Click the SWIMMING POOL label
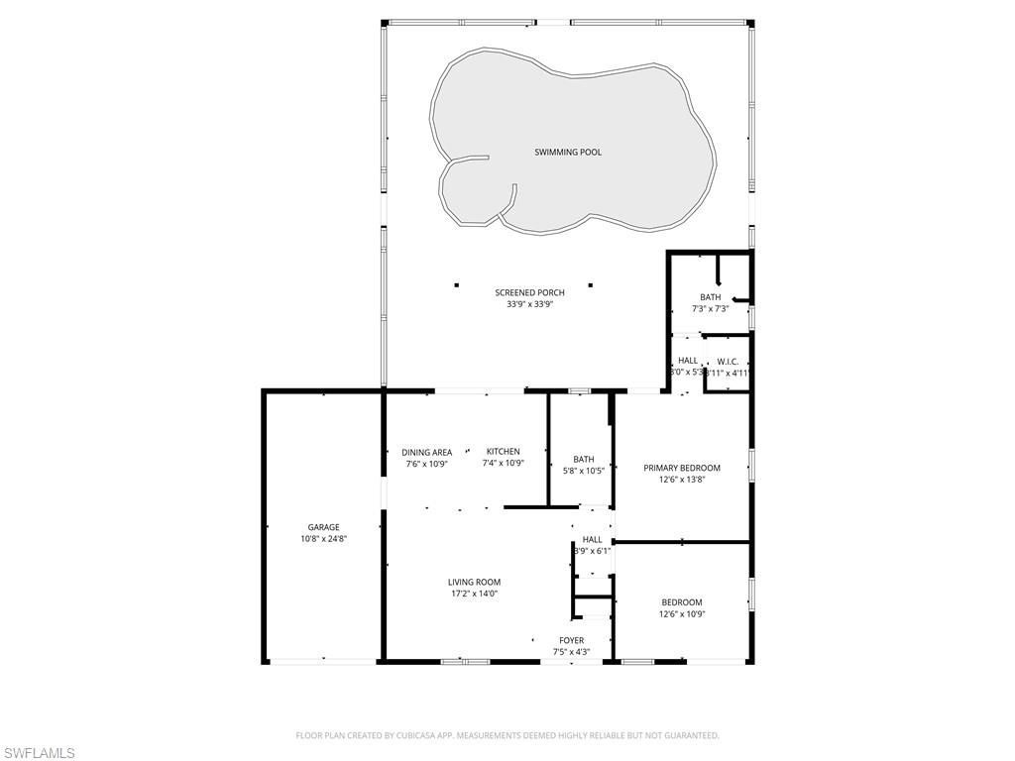(x=568, y=152)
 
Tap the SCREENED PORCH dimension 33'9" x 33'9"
(x=529, y=304)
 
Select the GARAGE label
(x=323, y=527)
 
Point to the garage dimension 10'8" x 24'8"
(x=323, y=539)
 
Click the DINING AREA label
(x=427, y=452)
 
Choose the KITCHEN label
(x=503, y=451)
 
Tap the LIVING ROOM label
(x=474, y=582)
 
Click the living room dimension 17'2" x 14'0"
(x=474, y=594)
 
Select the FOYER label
(x=571, y=640)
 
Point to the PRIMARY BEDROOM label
(x=682, y=468)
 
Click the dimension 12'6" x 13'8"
(x=682, y=480)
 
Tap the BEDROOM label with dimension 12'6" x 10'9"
(x=682, y=601)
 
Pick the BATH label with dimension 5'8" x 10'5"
(x=583, y=459)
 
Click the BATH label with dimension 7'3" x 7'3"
(x=710, y=297)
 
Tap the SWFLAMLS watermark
(x=38, y=752)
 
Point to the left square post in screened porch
(x=457, y=285)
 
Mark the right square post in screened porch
(x=590, y=285)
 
